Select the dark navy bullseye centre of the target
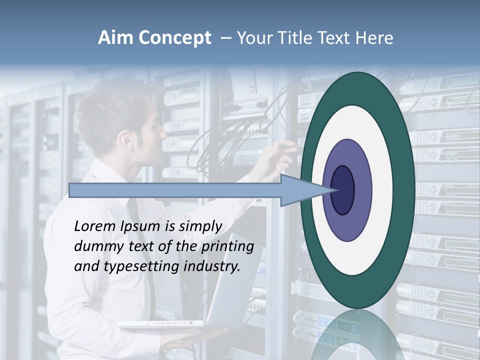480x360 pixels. (x=343, y=190)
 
